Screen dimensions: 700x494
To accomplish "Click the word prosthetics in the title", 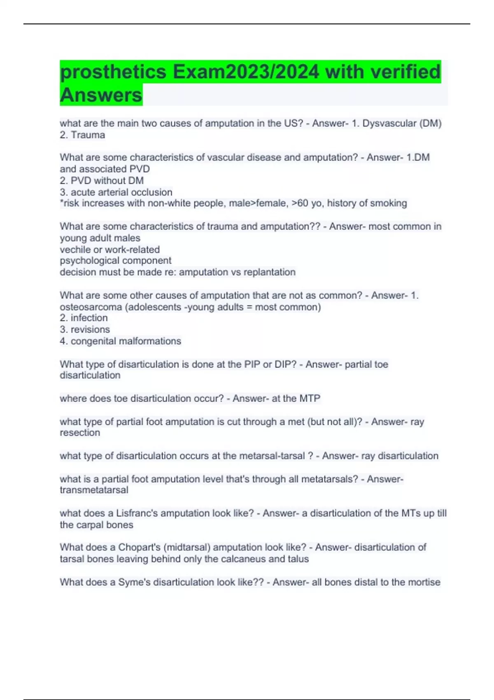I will click(113, 72).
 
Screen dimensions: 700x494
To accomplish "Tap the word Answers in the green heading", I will click(101, 95).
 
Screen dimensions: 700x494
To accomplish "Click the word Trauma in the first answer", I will click(88, 135).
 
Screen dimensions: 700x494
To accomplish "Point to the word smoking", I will click(389, 203).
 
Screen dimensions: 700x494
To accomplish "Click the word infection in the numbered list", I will click(89, 318).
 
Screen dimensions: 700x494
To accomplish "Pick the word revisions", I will click(90, 329).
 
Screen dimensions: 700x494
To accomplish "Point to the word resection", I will click(80, 433).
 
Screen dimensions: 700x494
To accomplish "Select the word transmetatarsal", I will click(94, 490).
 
